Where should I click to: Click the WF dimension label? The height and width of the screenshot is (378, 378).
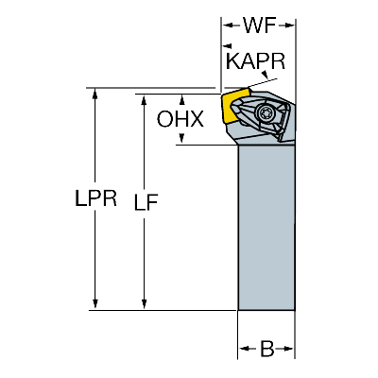click(x=259, y=26)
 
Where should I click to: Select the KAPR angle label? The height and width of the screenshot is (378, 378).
click(x=255, y=61)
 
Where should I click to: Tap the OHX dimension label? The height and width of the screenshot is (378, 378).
click(x=180, y=119)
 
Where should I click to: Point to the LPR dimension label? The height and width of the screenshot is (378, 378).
click(x=95, y=198)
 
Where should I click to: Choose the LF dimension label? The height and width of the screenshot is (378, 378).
click(x=146, y=202)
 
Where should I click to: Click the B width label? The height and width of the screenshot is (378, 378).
click(x=266, y=349)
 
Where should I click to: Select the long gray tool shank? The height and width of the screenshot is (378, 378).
click(x=266, y=227)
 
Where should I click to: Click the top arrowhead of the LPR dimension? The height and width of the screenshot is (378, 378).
click(x=94, y=94)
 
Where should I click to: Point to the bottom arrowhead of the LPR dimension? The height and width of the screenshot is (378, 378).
click(x=94, y=304)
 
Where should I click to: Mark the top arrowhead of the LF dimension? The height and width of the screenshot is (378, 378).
click(x=144, y=99)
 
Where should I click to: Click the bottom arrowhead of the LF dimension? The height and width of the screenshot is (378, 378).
click(x=144, y=304)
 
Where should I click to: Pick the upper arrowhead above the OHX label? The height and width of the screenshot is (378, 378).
click(x=181, y=99)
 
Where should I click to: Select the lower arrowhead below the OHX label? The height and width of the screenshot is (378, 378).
click(x=181, y=139)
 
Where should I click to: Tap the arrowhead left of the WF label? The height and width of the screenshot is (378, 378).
click(x=227, y=26)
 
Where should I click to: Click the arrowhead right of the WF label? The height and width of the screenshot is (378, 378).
click(x=289, y=26)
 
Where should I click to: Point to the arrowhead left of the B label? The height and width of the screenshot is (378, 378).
click(x=244, y=349)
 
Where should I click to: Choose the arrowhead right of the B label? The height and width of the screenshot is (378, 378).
click(x=288, y=349)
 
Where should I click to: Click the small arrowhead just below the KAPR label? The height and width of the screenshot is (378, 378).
click(x=266, y=75)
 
